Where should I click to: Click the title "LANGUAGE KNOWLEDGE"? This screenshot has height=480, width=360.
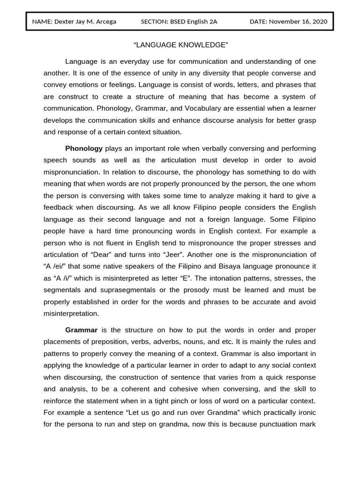click(x=180, y=45)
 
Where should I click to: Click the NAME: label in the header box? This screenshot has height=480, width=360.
click(x=42, y=22)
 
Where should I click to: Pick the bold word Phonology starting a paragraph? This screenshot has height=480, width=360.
click(x=84, y=149)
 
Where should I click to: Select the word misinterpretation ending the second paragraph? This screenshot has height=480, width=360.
click(x=71, y=313)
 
